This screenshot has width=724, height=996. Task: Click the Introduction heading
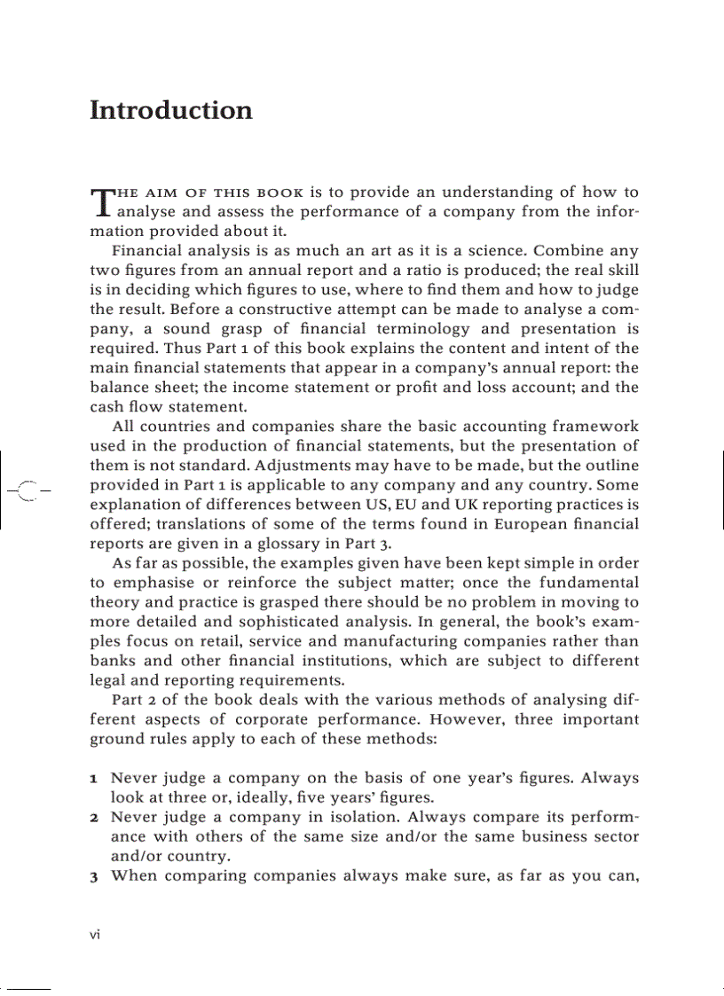click(171, 111)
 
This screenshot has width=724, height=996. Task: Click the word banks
click(114, 661)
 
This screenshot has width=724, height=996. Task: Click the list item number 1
click(94, 779)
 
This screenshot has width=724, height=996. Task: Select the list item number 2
click(94, 818)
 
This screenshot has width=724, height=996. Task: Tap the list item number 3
click(94, 876)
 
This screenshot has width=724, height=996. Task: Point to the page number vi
click(96, 935)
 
